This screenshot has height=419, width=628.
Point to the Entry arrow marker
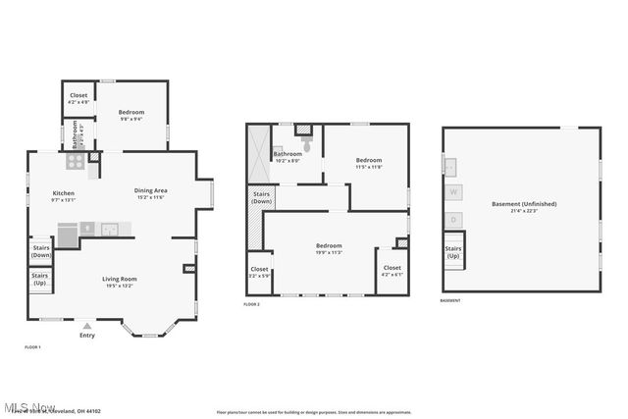[87, 326]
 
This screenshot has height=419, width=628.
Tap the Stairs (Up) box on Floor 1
[39, 280]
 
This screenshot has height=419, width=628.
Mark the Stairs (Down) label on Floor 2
[262, 198]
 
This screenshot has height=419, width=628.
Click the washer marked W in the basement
[453, 192]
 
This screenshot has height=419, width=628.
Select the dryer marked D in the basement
[453, 220]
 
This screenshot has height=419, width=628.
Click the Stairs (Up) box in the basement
[452, 253]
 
